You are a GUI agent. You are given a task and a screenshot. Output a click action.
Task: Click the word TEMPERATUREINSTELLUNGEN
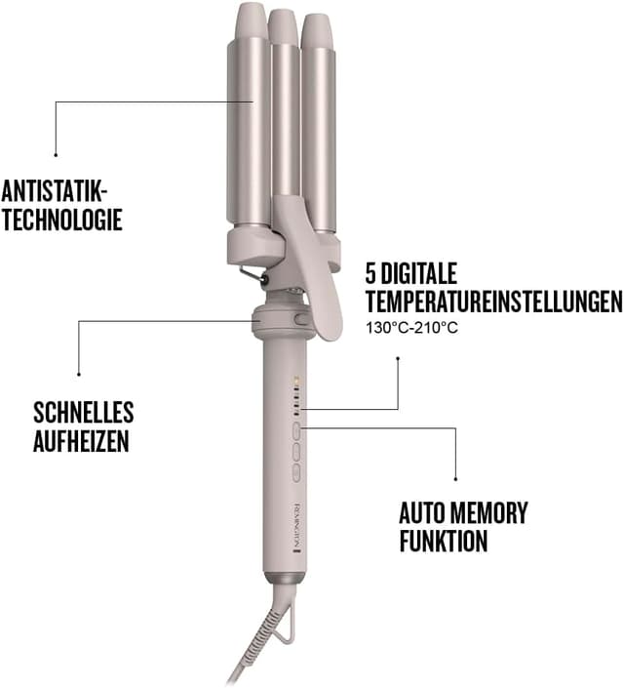[x=493, y=301]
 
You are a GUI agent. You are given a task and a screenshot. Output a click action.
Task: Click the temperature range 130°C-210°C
[x=411, y=327]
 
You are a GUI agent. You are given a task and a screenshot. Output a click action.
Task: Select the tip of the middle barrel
[x=283, y=20]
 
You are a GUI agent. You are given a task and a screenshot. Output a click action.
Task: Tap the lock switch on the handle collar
[x=300, y=319]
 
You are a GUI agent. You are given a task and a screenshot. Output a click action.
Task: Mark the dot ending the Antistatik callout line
[x=57, y=153]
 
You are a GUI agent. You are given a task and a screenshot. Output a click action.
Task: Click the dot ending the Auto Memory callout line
[x=456, y=478]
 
